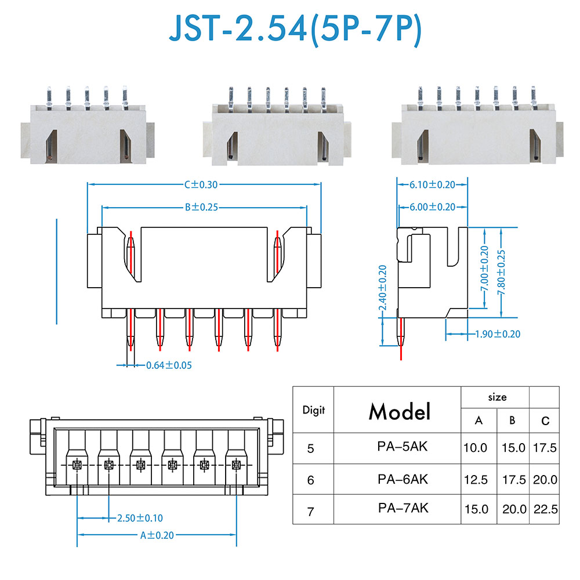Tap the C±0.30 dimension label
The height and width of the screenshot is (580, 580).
pos(201,184)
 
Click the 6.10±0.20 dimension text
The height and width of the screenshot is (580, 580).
pos(432,184)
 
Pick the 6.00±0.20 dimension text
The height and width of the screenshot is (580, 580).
pos(432,207)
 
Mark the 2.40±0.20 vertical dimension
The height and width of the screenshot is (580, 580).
pos(383,288)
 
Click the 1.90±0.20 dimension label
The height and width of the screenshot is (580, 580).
pos(497,334)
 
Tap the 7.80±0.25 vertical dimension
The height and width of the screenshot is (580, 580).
pos(502,272)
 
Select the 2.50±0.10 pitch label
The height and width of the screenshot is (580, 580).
pos(140,517)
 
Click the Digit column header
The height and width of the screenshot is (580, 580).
pos(314,410)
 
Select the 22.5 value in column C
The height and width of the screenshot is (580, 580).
pos(545,509)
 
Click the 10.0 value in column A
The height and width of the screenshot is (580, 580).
pos(476,448)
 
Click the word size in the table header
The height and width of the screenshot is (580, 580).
pos(496,397)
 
